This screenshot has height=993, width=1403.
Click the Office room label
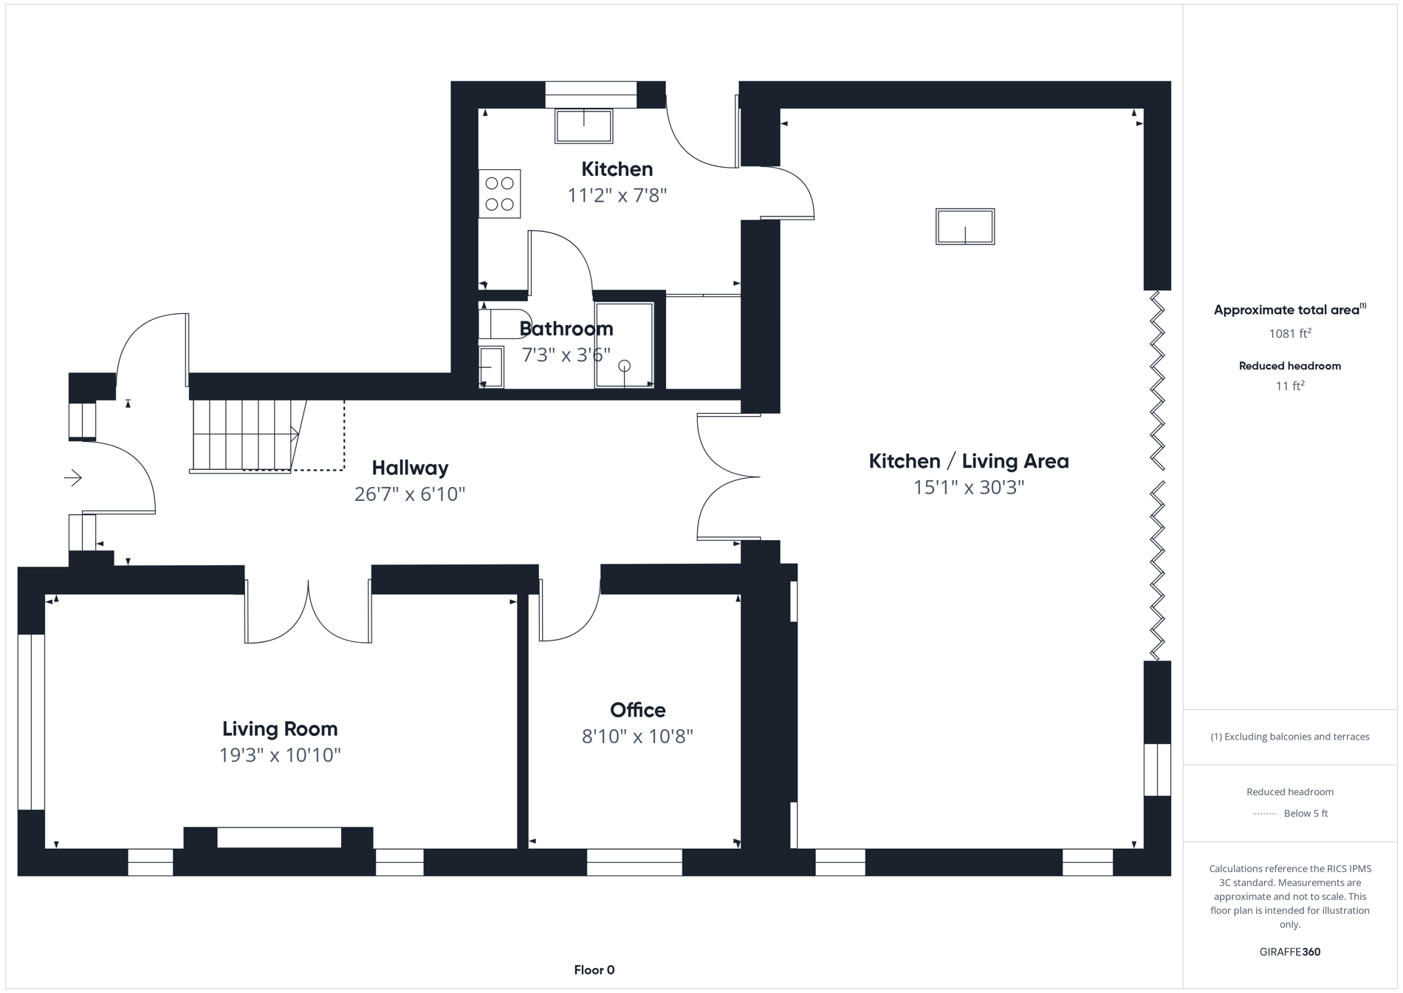tap(637, 710)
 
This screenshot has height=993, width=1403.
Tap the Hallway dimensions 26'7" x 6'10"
tap(410, 494)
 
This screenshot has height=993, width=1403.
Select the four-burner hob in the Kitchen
tap(499, 194)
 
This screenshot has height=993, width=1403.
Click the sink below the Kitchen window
tap(583, 126)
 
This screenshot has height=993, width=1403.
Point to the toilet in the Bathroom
tap(498, 324)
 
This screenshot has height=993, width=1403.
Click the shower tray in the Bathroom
tap(624, 345)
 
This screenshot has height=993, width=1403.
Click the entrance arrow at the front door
tap(72, 478)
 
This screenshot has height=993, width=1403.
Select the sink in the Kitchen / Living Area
tap(964, 226)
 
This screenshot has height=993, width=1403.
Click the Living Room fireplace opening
tap(279, 837)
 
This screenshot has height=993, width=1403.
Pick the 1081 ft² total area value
tap(1289, 333)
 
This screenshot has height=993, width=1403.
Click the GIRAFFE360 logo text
tap(1289, 952)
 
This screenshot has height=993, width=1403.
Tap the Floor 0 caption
tap(594, 970)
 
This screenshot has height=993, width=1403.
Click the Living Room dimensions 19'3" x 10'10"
tap(280, 755)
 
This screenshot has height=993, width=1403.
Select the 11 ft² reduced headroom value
tap(1289, 386)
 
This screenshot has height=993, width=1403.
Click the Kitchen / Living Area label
tap(968, 461)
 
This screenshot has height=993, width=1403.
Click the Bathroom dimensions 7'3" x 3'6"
tap(566, 355)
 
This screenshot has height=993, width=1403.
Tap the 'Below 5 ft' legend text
tap(1305, 813)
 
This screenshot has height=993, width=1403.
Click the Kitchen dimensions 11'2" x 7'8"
tap(617, 196)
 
